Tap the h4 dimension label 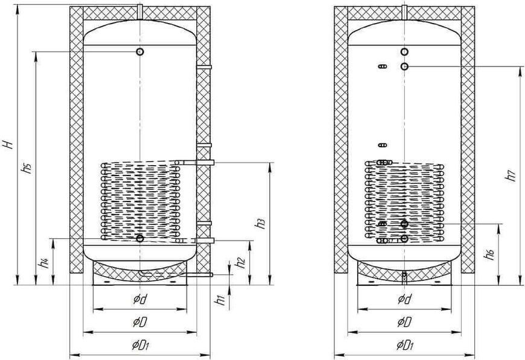coord(44,263)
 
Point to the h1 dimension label coord(220,300)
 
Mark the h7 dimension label coord(511,175)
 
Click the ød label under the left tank coord(140,298)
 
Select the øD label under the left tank coord(140,322)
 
